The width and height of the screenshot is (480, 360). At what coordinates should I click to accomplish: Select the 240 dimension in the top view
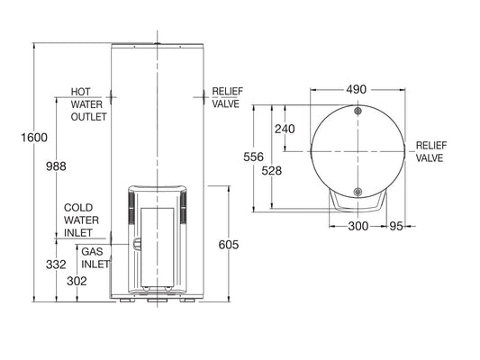click(x=285, y=129)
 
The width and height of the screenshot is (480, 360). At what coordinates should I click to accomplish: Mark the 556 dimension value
click(x=256, y=156)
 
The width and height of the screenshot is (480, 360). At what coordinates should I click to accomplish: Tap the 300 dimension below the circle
click(x=358, y=226)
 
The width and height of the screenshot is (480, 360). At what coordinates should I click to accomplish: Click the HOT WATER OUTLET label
click(x=88, y=104)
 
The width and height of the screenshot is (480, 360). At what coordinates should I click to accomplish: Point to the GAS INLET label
click(x=95, y=258)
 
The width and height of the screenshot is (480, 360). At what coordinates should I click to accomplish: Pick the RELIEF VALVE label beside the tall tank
click(x=224, y=97)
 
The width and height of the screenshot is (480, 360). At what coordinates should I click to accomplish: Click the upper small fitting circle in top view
click(x=358, y=112)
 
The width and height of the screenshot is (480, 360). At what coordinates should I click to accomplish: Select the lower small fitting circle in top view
click(x=358, y=192)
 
